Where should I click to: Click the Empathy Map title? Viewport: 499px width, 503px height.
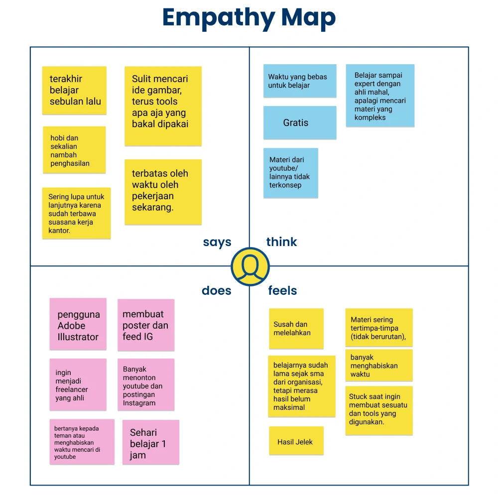[x=249, y=18]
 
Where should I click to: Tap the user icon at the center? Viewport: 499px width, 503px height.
[x=250, y=266]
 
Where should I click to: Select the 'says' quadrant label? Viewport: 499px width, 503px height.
[x=217, y=242]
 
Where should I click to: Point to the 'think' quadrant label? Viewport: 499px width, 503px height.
[x=281, y=242]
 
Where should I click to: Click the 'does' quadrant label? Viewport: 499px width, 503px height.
[x=216, y=291]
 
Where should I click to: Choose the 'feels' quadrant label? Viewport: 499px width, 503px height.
[x=282, y=291]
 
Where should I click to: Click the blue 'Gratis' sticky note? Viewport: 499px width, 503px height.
[x=300, y=123]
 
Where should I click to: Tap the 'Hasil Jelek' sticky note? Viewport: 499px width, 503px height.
[x=296, y=441]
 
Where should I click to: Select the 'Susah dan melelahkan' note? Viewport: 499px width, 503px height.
[x=296, y=328]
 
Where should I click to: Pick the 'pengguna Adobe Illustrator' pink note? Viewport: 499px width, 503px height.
[x=78, y=324]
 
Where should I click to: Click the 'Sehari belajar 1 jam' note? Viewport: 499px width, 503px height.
[x=150, y=442]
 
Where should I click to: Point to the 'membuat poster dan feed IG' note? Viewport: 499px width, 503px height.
[x=146, y=325]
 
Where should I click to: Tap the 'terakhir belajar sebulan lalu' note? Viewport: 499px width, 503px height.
[x=74, y=90]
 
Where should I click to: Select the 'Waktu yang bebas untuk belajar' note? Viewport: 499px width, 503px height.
[x=300, y=81]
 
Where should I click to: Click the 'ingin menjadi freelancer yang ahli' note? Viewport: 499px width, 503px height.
[x=78, y=384]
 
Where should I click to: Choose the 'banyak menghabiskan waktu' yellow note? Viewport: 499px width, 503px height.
[x=378, y=365]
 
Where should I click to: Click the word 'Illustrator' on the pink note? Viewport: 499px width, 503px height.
[x=78, y=337]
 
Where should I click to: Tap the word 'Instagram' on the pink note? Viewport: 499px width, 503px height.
[x=139, y=403]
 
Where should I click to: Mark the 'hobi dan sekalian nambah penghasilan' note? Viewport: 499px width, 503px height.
[x=74, y=150]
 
